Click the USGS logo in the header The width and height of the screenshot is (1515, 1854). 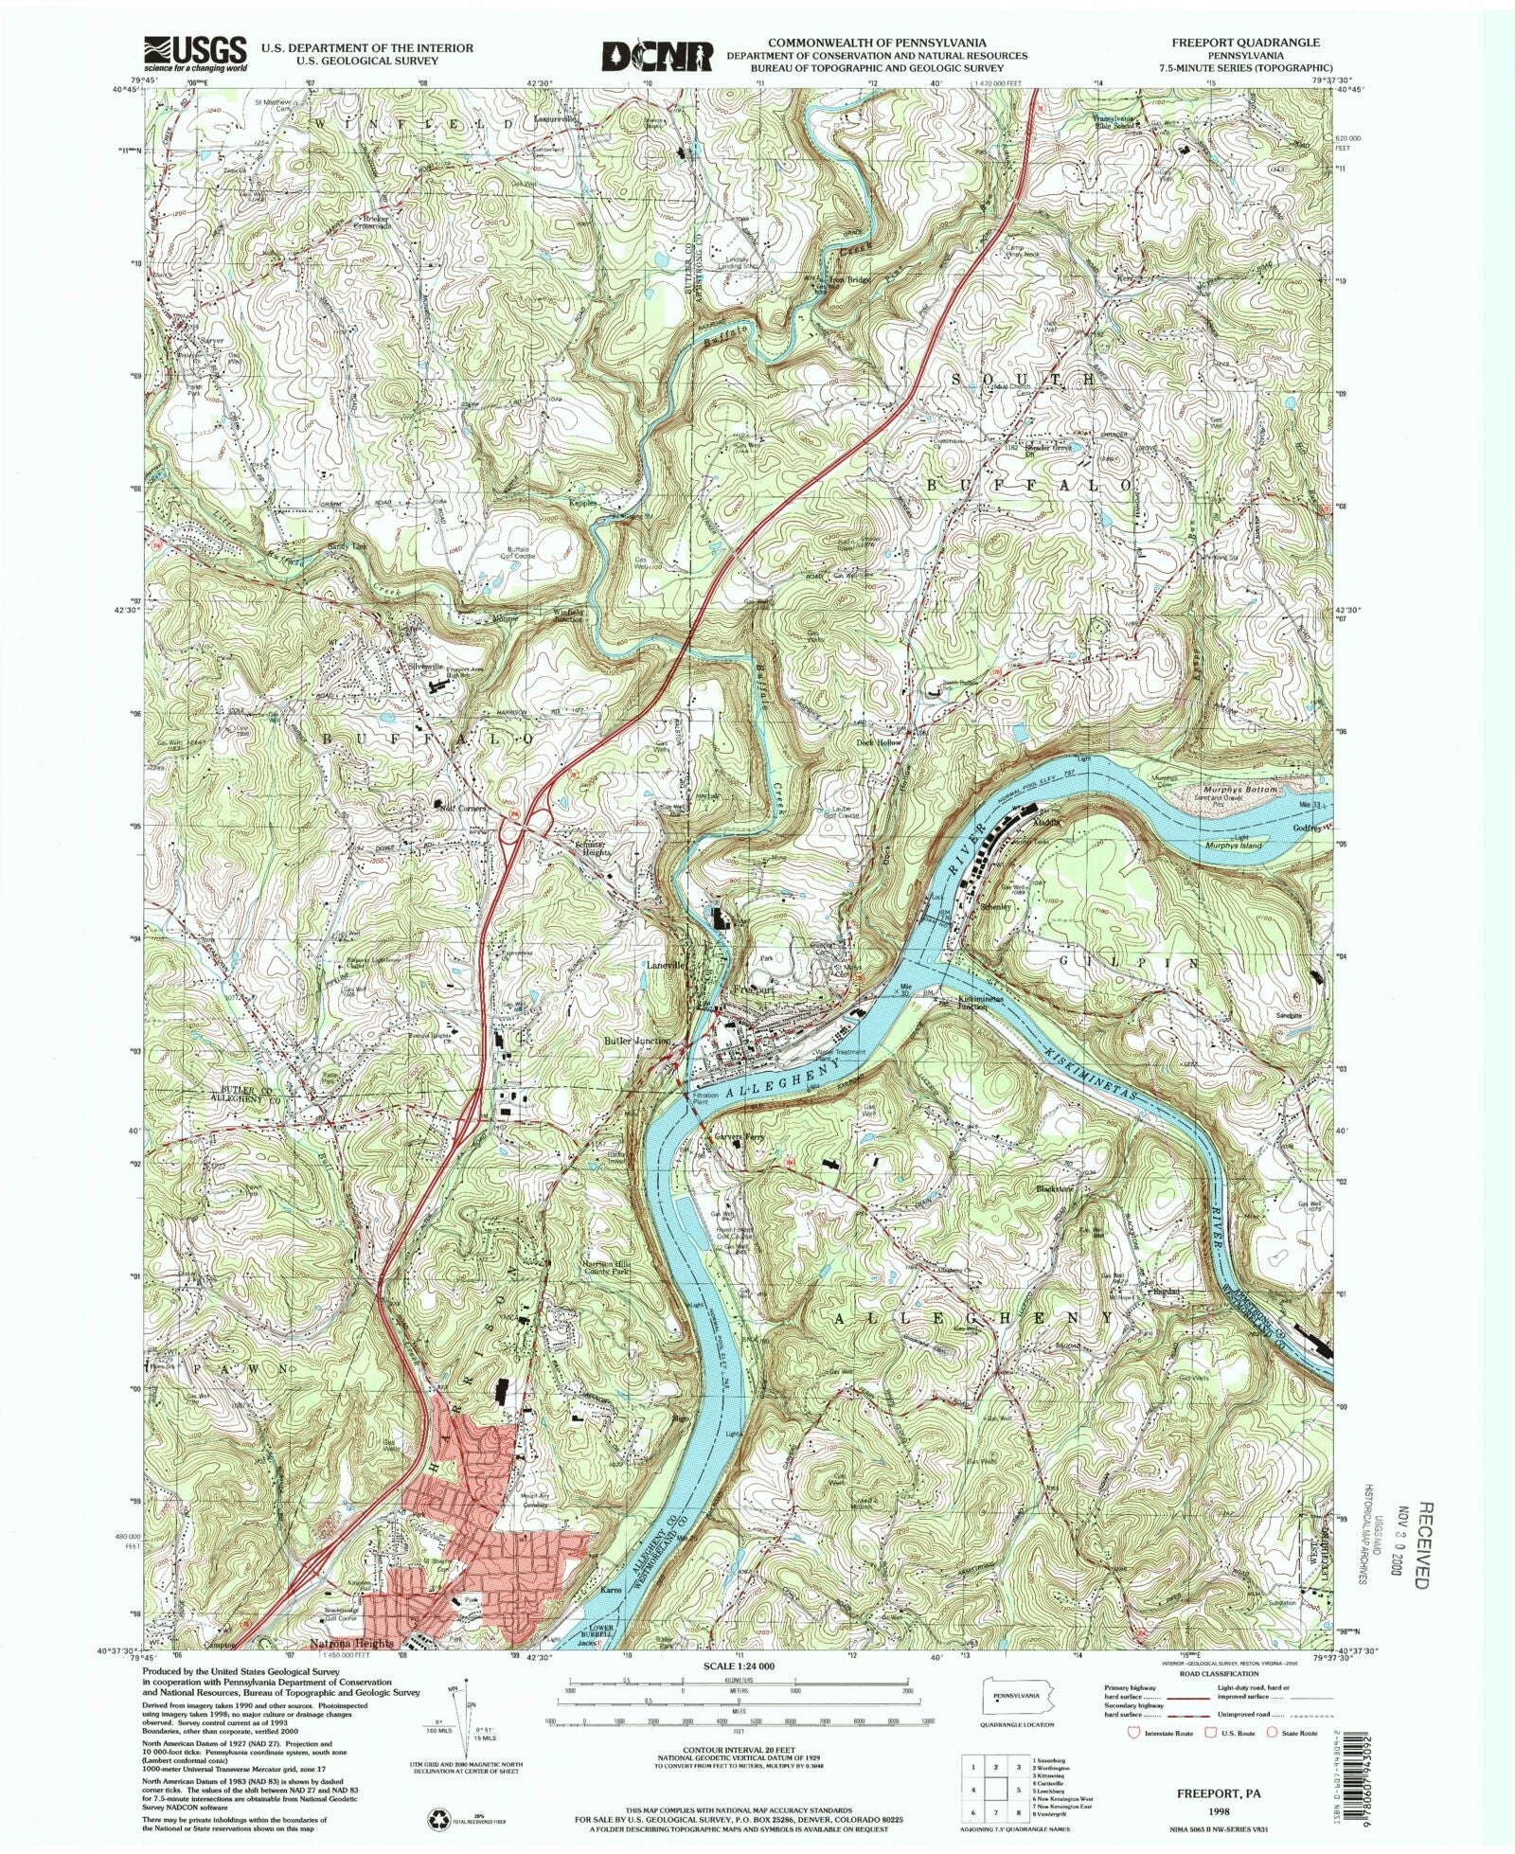(195, 54)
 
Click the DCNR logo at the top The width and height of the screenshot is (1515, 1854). (657, 56)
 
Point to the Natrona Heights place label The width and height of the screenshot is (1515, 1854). (352, 1644)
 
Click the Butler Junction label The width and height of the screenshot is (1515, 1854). (637, 1040)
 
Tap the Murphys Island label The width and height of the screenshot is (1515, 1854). (1231, 844)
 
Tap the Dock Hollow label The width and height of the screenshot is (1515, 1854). (880, 742)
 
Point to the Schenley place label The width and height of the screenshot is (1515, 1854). (996, 906)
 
